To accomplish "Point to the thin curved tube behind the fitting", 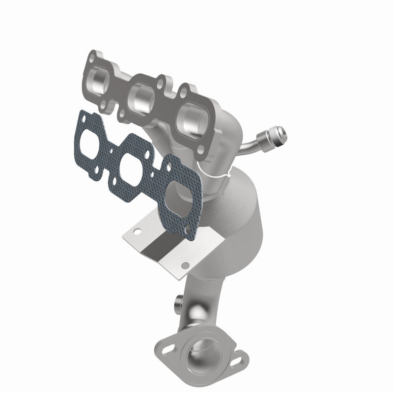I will (251, 145).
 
